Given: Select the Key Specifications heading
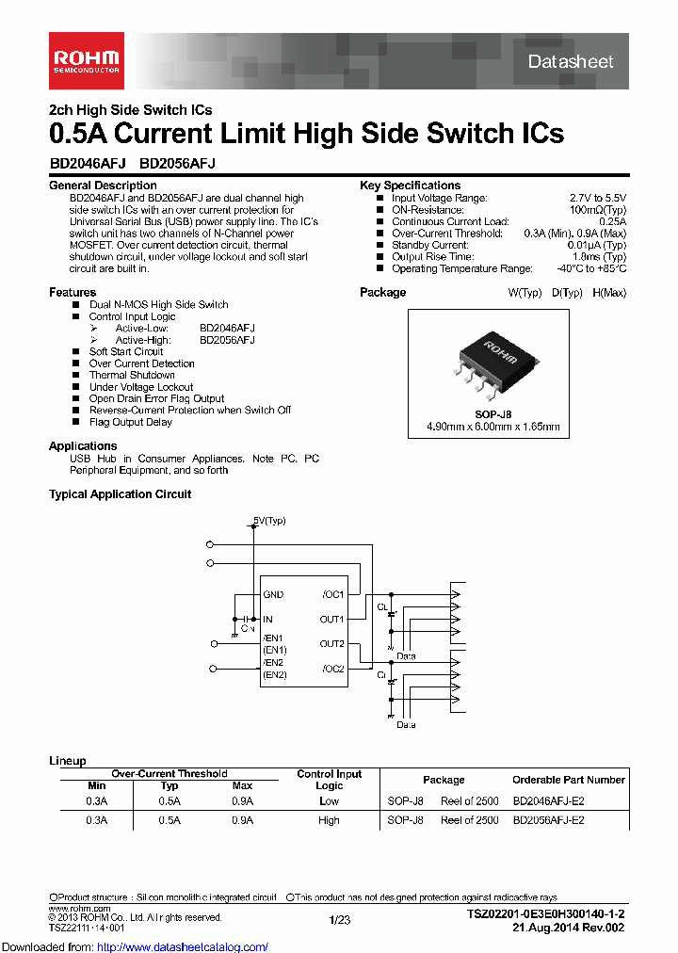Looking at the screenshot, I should coord(410,186).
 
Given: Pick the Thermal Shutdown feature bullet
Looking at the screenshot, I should coord(132,375).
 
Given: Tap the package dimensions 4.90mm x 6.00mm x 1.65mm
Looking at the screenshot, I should coord(493,427).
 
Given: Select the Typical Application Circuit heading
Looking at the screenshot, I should coord(120,494).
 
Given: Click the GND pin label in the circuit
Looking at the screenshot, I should coord(273,595).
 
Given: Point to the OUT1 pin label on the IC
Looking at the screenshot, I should coord(331,620).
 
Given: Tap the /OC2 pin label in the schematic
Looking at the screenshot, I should coord(332,669).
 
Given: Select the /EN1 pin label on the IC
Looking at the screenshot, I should coord(273,638).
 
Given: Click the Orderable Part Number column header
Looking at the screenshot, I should coord(568,780).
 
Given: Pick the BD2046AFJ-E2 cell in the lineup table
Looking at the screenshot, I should coord(548,801).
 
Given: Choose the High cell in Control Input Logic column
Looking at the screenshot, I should coord(329,820).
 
